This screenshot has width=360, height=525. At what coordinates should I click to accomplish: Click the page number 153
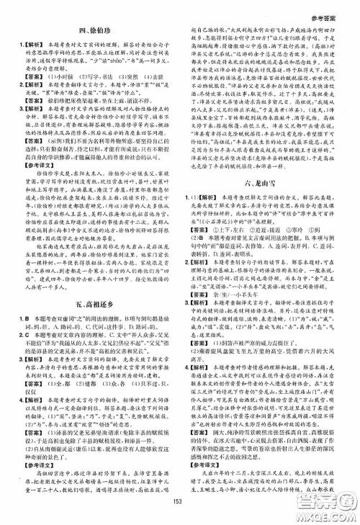click(x=180, y=505)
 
